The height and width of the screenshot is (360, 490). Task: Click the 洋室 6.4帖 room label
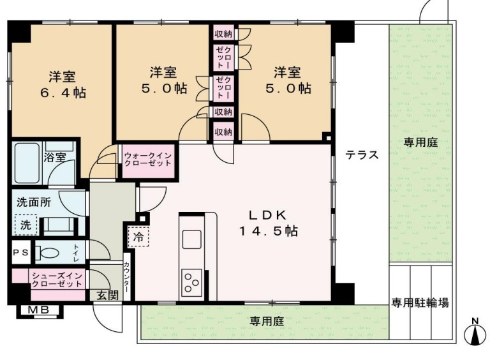(x=63, y=84)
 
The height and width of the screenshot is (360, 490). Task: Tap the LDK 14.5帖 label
(x=268, y=223)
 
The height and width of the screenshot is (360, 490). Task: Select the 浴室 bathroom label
(x=55, y=158)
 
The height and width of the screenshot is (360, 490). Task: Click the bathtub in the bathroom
(x=27, y=163)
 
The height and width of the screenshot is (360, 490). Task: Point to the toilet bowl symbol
(x=46, y=253)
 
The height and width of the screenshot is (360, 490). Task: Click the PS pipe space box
(x=21, y=253)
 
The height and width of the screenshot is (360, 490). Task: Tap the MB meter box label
(x=38, y=310)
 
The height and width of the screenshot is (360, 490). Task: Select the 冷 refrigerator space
(x=138, y=237)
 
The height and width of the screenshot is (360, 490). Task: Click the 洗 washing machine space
(x=26, y=225)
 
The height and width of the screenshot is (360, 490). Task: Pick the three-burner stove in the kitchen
(x=191, y=283)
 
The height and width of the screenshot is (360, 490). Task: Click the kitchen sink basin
(x=191, y=239)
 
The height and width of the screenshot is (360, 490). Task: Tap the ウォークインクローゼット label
(x=148, y=159)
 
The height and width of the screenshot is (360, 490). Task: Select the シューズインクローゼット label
(x=57, y=280)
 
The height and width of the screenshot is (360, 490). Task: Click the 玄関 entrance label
(x=107, y=295)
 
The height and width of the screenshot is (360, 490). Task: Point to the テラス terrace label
(x=362, y=154)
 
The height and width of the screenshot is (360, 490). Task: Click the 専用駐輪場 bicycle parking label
(x=420, y=303)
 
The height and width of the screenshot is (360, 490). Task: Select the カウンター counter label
(x=127, y=277)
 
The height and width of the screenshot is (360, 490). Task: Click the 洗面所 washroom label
(x=33, y=202)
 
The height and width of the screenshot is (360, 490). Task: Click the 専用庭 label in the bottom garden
(x=267, y=321)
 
